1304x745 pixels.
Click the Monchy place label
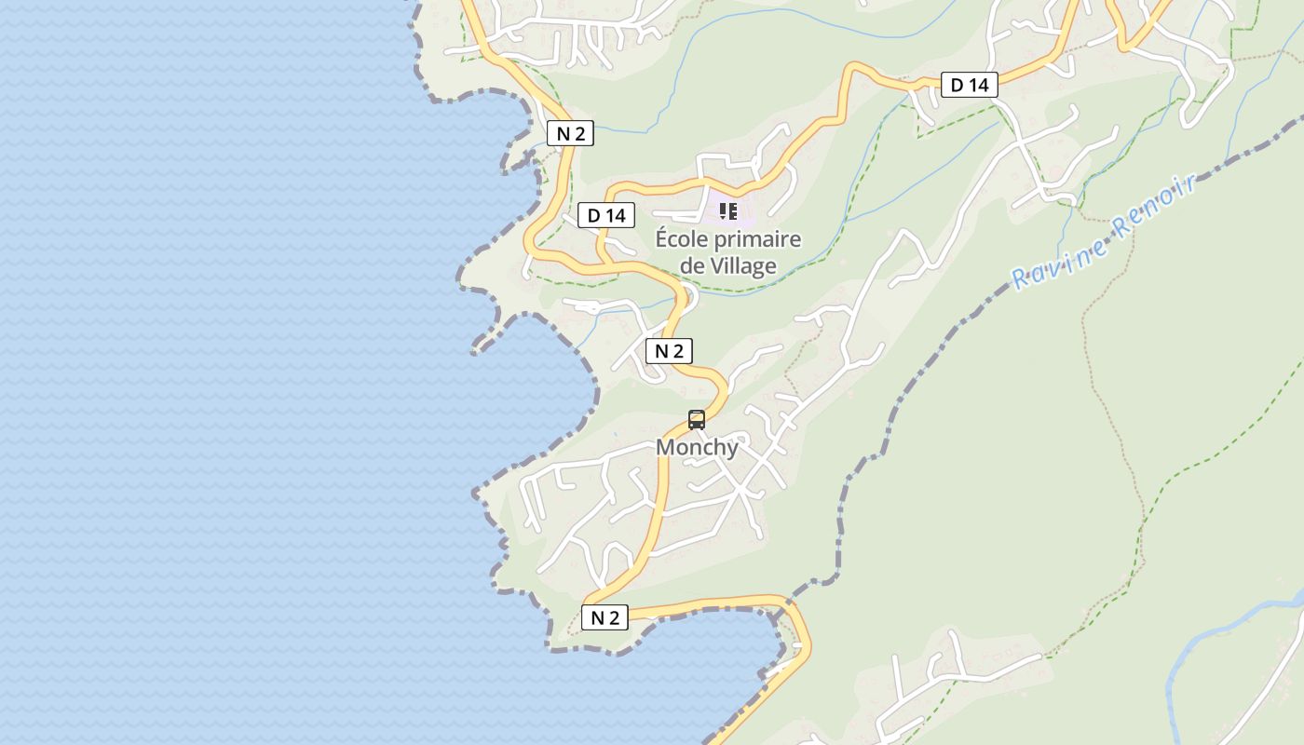pos(697,448)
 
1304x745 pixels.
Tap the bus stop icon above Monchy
pos(697,420)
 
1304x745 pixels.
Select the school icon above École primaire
pos(728,211)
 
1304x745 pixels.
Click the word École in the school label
pos(686,239)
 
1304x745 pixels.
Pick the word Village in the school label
pos(743,266)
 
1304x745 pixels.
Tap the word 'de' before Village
pos(692,266)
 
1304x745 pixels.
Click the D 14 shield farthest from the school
pos(969,86)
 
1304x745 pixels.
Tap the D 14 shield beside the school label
pos(605,216)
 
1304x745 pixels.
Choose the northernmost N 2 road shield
pos(570,133)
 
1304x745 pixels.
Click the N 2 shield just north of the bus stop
pos(669,351)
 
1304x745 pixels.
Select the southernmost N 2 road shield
pos(604,617)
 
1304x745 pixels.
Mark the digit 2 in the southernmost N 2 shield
pos(614,617)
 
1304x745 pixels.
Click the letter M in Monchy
pos(666,448)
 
